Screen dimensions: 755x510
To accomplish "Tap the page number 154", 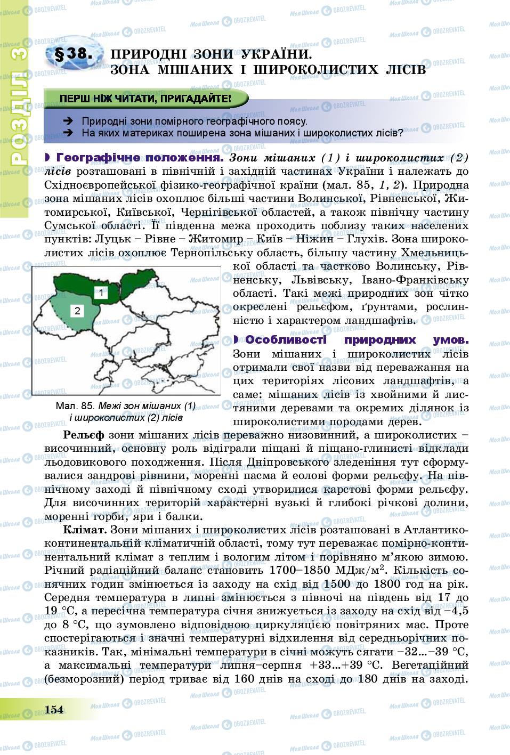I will (54, 709).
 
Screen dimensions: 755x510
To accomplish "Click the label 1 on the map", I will (101, 291).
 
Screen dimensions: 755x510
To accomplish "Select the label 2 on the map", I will (77, 311).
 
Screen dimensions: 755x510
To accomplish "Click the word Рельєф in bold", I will (83, 435).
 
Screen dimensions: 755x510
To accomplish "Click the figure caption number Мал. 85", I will (75, 406).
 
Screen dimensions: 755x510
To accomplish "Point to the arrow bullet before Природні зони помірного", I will (68, 121).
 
